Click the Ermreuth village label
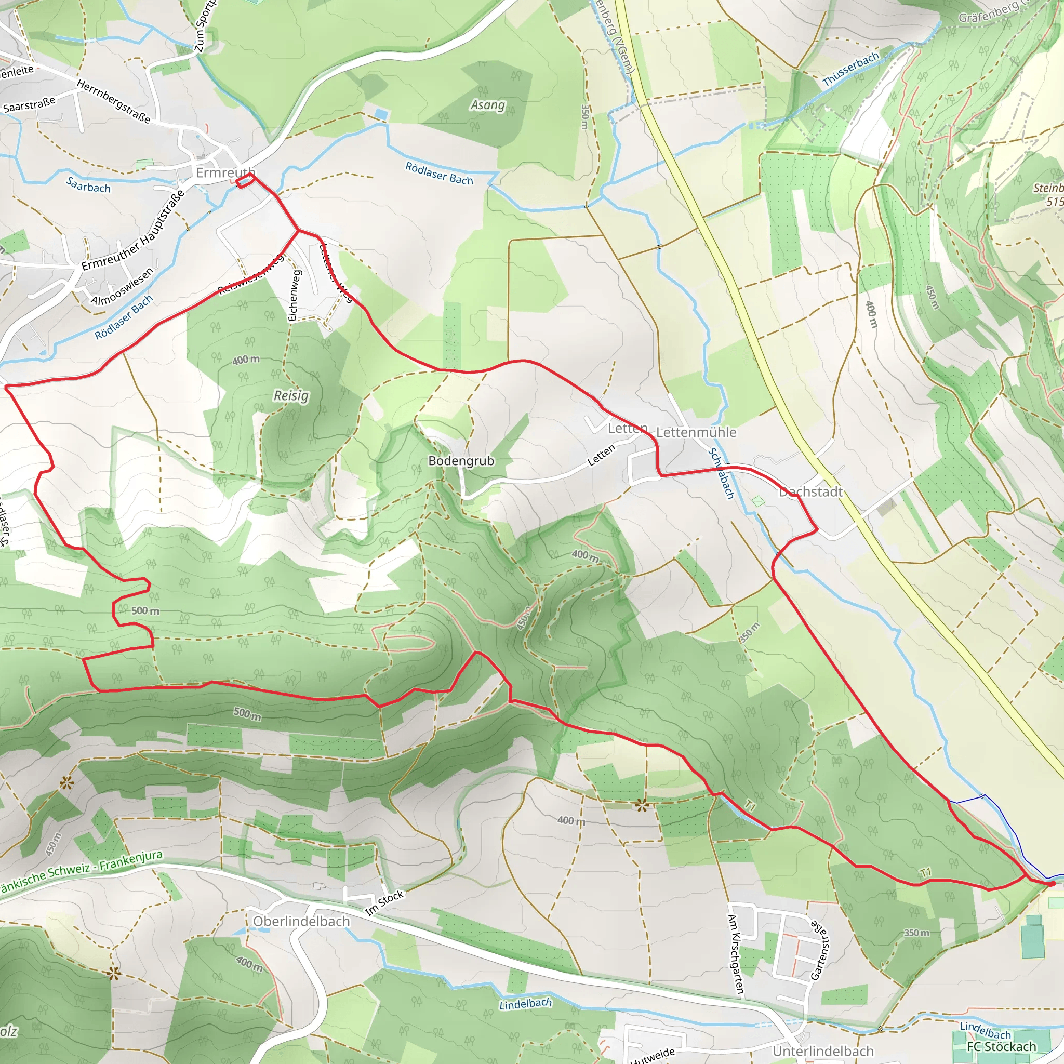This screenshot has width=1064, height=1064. pyautogui.click(x=224, y=173)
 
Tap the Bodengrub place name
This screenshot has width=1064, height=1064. pyautogui.click(x=461, y=460)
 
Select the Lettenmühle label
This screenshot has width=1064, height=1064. pyautogui.click(x=696, y=432)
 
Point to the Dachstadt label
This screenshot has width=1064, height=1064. pyautogui.click(x=810, y=492)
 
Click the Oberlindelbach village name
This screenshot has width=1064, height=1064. pyautogui.click(x=301, y=921)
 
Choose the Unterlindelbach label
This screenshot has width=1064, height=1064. pyautogui.click(x=823, y=1052)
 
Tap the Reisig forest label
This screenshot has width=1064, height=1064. pyautogui.click(x=291, y=395)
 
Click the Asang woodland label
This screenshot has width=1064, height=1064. pyautogui.click(x=487, y=104)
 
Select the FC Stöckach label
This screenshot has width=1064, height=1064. pyautogui.click(x=1001, y=1046)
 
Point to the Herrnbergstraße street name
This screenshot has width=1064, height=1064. pyautogui.click(x=113, y=101)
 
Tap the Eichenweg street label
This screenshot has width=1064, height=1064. pyautogui.click(x=295, y=295)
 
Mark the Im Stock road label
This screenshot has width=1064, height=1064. pyautogui.click(x=384, y=903)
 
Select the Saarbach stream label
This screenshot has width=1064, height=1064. pyautogui.click(x=88, y=185)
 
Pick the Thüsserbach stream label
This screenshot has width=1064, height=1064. pyautogui.click(x=850, y=70)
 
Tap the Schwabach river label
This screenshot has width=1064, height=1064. pyautogui.click(x=721, y=474)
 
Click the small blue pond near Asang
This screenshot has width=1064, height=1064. pyautogui.click(x=380, y=114)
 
